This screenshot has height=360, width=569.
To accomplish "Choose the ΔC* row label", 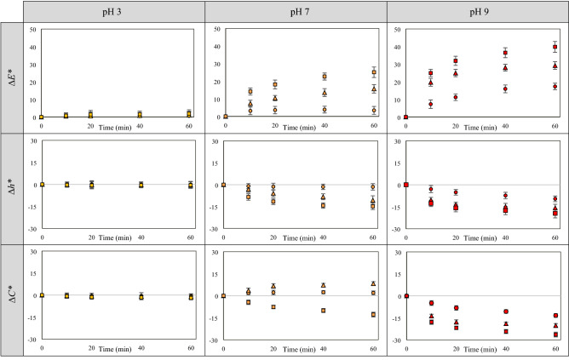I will click(x=12, y=297).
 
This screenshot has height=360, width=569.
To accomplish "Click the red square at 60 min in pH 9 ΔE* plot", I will click(x=555, y=47).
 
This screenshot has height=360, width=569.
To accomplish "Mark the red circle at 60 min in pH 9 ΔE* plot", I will click(x=555, y=86).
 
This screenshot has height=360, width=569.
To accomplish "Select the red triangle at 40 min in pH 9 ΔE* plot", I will click(x=505, y=67).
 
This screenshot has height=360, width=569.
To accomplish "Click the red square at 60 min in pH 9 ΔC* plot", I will click(x=555, y=334).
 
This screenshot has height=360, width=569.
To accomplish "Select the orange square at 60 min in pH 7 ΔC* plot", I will click(x=374, y=315).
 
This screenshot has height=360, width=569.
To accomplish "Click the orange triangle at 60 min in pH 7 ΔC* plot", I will click(x=374, y=283).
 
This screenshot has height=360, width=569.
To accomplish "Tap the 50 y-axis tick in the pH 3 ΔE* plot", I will click(x=32, y=29).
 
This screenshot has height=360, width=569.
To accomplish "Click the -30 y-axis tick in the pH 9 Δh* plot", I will click(x=396, y=230).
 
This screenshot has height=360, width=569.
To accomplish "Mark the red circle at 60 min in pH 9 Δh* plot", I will click(x=555, y=199).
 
